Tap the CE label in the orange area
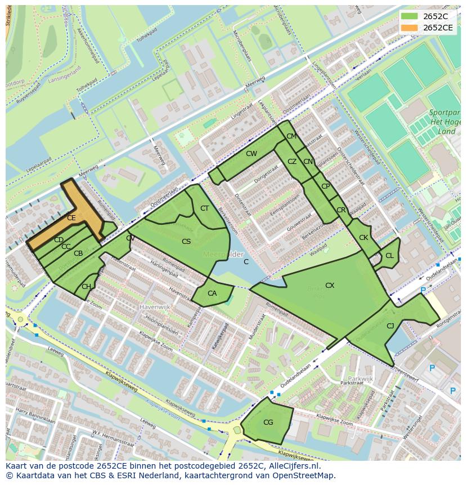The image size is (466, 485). point(71,217)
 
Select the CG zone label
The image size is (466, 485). point(268,422)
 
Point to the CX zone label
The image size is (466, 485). point(330,286)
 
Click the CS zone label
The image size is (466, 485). point(186,242)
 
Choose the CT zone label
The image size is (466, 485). point(204,208)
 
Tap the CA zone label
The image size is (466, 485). point(212,293)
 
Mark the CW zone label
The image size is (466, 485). point(251,154)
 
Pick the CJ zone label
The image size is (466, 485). point(390,326)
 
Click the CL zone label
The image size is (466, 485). point(389,256)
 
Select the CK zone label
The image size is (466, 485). point(364,238)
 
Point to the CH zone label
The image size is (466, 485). point(86,287)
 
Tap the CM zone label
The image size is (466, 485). point(291,136)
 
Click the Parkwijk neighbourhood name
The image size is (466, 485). point(361,379)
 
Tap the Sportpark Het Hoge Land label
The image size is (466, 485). point(445,122)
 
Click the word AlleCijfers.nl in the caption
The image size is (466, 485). point(293,466)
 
